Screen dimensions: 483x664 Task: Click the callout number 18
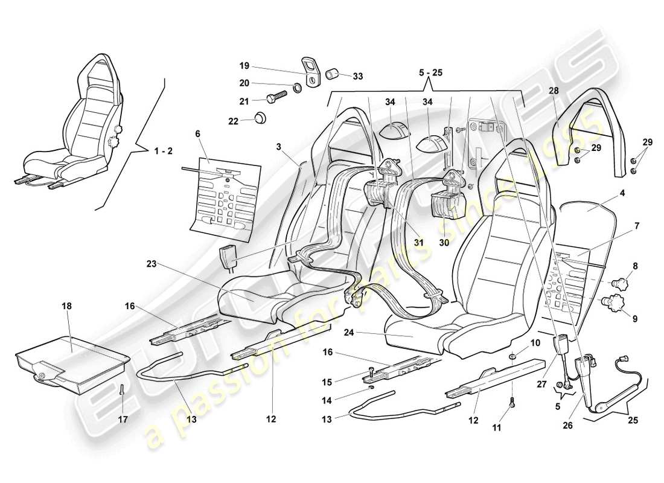(x=66, y=306)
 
